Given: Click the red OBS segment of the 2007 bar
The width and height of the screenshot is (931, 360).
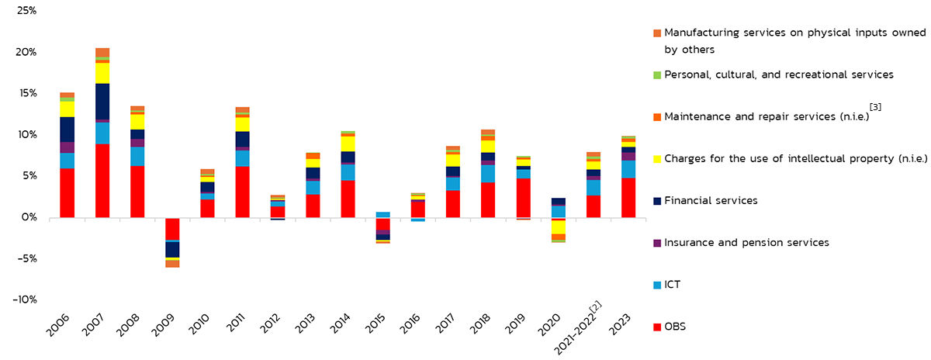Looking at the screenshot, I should tap(102, 180).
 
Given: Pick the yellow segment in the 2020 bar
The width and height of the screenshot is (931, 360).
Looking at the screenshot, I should tap(558, 227).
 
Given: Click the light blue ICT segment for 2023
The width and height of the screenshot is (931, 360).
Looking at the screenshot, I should tap(628, 169).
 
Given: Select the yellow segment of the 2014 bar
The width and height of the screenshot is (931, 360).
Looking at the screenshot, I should tap(348, 144).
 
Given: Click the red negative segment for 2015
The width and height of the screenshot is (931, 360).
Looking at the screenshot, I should tap(383, 223).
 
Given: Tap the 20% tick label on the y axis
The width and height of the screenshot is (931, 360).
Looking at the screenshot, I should tap(26, 52).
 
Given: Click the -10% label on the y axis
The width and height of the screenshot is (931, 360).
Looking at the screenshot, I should tap(25, 299).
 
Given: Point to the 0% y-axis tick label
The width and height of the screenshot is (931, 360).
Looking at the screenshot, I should tap(29, 217).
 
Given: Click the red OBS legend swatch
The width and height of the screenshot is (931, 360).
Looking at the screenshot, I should tap(658, 327).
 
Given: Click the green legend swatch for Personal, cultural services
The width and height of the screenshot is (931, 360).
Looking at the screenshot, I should tap(658, 74).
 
